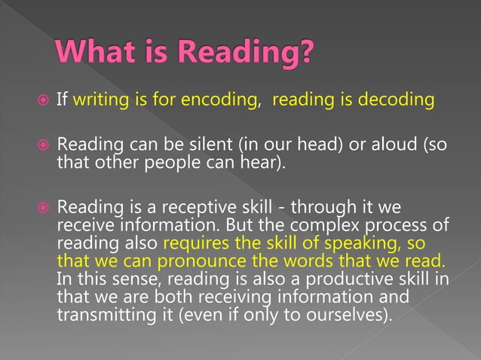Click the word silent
[191, 143]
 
